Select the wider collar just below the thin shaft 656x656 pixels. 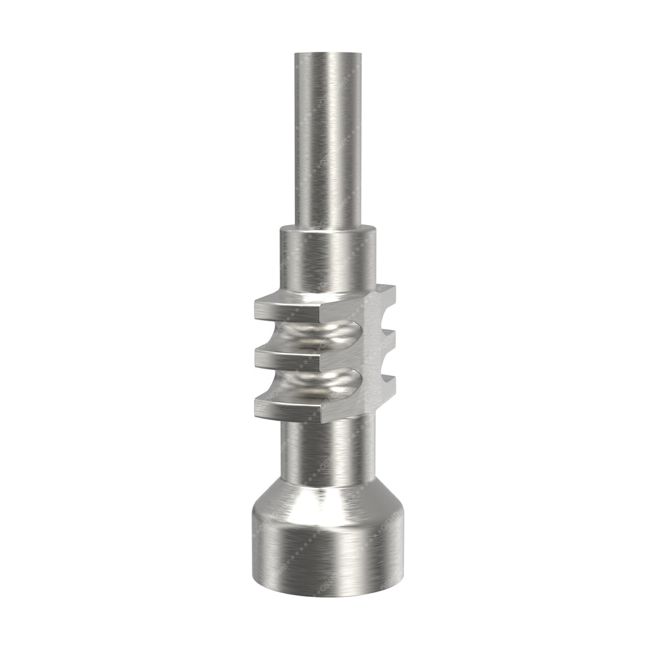click(x=327, y=259)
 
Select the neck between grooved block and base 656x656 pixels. click(x=327, y=453)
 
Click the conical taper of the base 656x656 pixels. click(x=327, y=499)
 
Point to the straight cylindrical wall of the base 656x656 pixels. click(x=327, y=551)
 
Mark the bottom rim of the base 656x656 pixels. click(x=327, y=594)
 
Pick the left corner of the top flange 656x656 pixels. click(x=256, y=303)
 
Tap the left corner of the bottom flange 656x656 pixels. click(x=256, y=409)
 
